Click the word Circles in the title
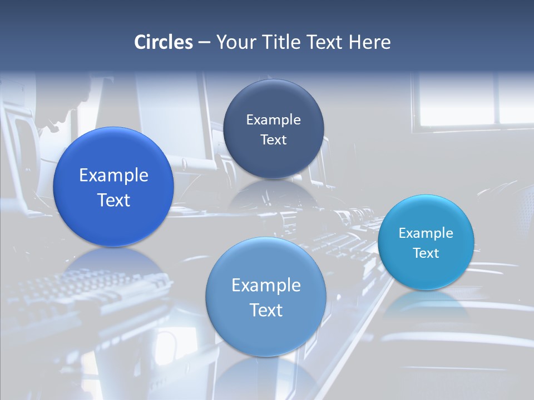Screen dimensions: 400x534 [x=164, y=42]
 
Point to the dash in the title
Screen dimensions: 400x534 [x=204, y=43]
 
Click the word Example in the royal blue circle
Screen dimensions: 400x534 [x=113, y=176]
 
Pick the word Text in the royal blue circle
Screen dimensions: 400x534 [x=113, y=200]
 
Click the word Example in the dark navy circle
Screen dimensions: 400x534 [x=273, y=119]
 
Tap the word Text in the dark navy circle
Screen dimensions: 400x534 [x=273, y=139]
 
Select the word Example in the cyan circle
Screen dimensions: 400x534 [x=426, y=233]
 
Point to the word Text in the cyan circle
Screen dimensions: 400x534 [x=426, y=253]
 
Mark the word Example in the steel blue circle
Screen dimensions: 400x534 [x=266, y=285]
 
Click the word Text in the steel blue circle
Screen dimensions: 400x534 [x=266, y=310]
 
